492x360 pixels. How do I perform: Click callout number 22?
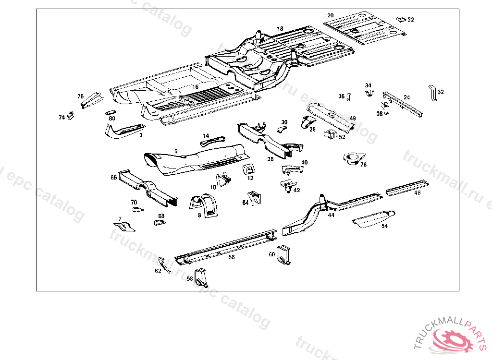411,20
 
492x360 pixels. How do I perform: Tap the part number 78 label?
363,165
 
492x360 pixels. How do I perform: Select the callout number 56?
232,257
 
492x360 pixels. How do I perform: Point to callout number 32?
441,92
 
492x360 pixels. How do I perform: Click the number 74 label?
61,118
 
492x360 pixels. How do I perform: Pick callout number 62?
158,271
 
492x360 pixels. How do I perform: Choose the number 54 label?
384,226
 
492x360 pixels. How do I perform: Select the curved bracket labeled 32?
431,92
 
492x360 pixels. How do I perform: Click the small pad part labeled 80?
110,113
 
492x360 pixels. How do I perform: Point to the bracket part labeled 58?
202,277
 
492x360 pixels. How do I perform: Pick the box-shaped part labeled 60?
285,254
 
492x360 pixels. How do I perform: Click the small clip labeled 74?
71,115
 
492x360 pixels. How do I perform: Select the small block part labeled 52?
330,135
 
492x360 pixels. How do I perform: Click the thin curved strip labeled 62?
164,264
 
